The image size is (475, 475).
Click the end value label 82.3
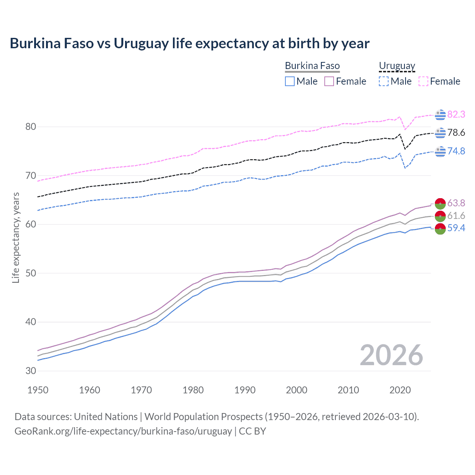(x=456, y=114)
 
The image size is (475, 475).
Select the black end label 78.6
(x=456, y=132)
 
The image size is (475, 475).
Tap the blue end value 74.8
(x=456, y=151)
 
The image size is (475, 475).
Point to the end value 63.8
(x=456, y=203)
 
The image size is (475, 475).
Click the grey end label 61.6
(x=456, y=216)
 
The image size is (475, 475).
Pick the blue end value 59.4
(x=456, y=228)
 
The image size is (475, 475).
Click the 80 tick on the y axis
(x=31, y=127)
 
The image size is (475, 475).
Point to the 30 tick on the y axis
(x=31, y=371)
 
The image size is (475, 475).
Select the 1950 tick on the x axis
(x=38, y=390)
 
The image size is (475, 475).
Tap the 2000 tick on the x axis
(x=297, y=390)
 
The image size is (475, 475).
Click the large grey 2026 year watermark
(x=392, y=355)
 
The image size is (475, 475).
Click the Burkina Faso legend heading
(x=312, y=66)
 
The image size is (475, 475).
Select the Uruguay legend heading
(x=397, y=66)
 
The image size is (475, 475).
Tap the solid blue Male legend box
(x=290, y=81)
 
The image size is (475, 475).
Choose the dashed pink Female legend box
(x=423, y=81)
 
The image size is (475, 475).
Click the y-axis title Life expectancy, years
(x=16, y=237)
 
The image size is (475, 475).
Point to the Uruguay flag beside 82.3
(x=440, y=115)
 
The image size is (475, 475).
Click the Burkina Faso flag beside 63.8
(x=440, y=204)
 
